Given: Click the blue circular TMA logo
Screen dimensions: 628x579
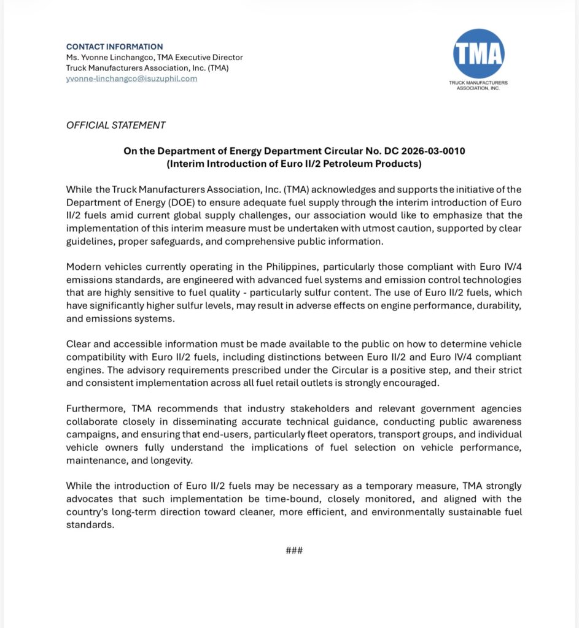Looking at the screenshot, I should [x=478, y=53].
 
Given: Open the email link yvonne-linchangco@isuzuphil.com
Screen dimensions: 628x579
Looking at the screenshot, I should [x=131, y=78].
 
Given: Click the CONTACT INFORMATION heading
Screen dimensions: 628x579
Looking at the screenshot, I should [x=114, y=47].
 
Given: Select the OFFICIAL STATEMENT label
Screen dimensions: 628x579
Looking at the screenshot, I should [x=115, y=125].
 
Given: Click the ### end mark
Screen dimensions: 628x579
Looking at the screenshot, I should [x=294, y=550].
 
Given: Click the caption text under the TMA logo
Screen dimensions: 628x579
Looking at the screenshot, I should [x=478, y=85].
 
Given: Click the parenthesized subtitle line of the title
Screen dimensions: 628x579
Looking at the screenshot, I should [x=294, y=163].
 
